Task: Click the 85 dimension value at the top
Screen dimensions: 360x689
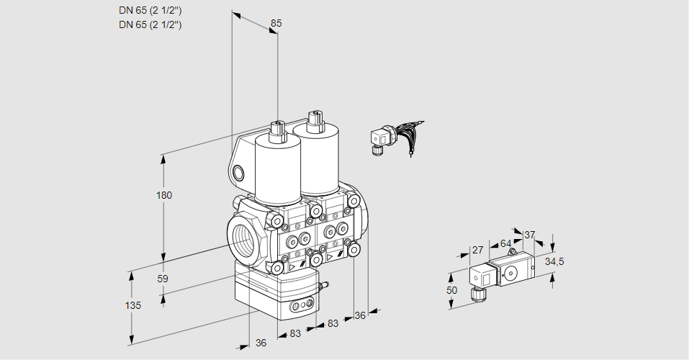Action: point(276,23)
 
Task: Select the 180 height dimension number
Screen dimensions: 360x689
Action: point(164,195)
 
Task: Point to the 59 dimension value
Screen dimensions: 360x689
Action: point(163,279)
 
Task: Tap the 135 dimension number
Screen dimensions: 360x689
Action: point(132,305)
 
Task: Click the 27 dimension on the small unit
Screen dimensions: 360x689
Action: point(477,251)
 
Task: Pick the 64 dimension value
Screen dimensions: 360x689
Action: point(505,243)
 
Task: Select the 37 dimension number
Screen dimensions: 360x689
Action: point(529,235)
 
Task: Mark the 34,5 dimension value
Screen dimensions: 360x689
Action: point(554,261)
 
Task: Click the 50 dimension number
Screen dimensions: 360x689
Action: point(451,290)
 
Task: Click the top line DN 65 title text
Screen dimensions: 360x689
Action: point(150,11)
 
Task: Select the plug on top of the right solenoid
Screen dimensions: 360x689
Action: point(313,120)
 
